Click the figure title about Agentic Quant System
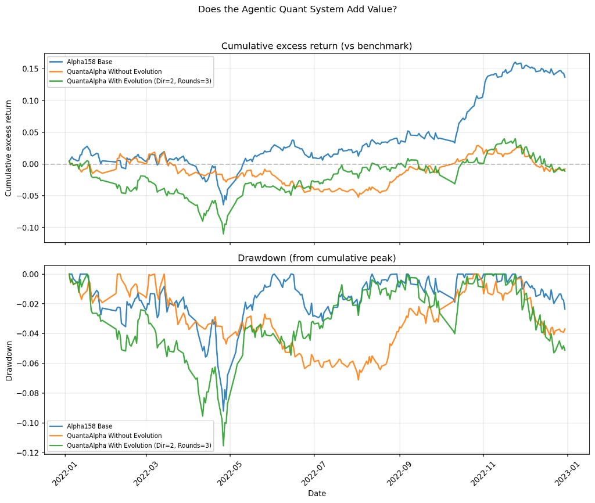click(297, 9)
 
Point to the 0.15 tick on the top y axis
click(33, 69)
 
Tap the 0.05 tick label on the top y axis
click(33, 132)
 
